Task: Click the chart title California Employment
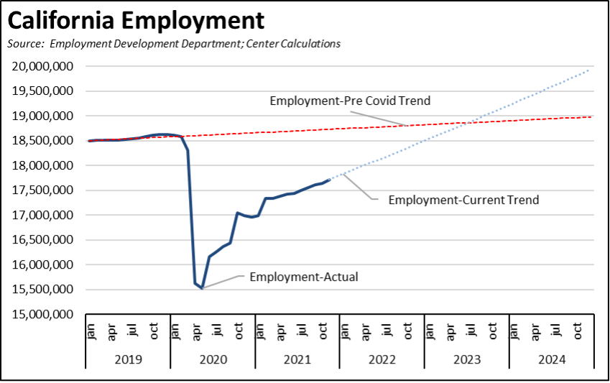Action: [x=136, y=20]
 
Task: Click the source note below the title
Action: [x=173, y=44]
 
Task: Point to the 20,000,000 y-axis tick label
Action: [x=45, y=66]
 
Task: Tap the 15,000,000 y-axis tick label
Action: [x=45, y=315]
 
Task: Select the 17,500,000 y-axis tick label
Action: [x=45, y=190]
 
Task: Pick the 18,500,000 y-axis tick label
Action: [x=45, y=141]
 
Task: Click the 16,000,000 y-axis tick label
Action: [x=45, y=265]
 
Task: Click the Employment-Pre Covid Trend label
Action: [x=350, y=101]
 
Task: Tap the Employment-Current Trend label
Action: [x=463, y=200]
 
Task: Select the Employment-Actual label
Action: [x=303, y=277]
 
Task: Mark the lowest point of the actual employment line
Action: [x=202, y=288]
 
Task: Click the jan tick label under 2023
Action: [x=430, y=331]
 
